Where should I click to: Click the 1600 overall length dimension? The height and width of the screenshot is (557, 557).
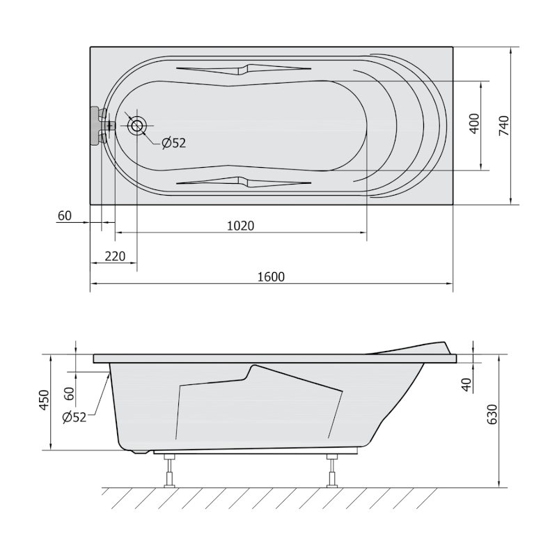click(x=271, y=276)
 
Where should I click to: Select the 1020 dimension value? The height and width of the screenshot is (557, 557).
click(x=240, y=226)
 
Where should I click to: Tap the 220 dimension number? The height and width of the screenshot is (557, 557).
click(x=115, y=256)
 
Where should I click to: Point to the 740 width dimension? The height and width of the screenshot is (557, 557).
click(x=503, y=125)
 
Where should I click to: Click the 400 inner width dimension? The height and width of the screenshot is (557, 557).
click(x=475, y=124)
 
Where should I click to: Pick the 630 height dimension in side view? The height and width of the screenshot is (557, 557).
click(x=492, y=414)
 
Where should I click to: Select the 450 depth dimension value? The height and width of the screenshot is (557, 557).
click(x=45, y=400)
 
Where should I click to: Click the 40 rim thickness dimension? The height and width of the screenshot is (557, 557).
click(x=466, y=385)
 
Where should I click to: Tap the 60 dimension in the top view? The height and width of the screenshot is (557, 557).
click(x=64, y=216)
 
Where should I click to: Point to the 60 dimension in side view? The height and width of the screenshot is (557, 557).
click(x=70, y=393)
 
